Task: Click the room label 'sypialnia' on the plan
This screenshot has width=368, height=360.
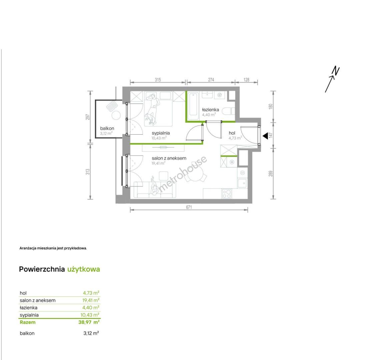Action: click(x=161, y=133)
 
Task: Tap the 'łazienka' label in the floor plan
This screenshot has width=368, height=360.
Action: click(x=211, y=110)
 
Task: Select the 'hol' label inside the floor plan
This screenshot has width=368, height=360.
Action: click(x=232, y=133)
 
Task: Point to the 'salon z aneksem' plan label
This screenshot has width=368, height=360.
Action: click(x=169, y=158)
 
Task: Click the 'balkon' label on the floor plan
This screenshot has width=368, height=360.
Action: click(x=107, y=128)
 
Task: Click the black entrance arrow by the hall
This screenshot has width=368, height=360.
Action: click(x=265, y=136)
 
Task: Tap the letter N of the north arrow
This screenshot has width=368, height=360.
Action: click(x=336, y=71)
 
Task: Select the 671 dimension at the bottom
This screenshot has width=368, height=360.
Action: click(x=189, y=207)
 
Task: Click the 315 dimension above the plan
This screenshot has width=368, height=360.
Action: click(x=158, y=80)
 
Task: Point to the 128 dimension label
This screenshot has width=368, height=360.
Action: click(x=246, y=80)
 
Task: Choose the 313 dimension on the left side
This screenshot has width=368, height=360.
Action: click(x=88, y=172)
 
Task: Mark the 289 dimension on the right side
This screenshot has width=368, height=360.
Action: click(x=271, y=174)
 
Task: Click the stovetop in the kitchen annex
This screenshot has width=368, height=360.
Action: click(x=227, y=194)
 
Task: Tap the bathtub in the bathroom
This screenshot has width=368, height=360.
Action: click(x=193, y=105)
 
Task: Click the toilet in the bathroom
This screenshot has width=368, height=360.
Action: click(x=228, y=111)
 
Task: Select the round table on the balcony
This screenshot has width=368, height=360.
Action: click(x=116, y=115)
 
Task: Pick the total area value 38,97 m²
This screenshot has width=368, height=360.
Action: click(x=89, y=322)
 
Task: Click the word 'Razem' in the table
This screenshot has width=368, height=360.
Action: click(x=28, y=322)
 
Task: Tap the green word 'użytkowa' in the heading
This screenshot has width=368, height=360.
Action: click(x=84, y=269)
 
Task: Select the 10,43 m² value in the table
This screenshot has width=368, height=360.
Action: click(x=90, y=315)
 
